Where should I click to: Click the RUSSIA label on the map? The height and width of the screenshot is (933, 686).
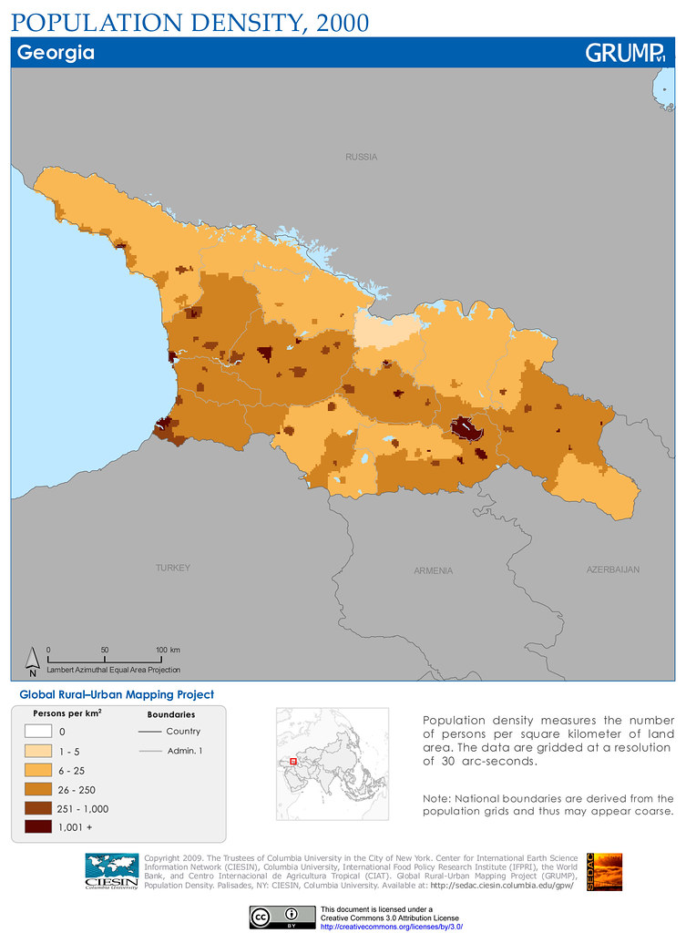pos(361,157)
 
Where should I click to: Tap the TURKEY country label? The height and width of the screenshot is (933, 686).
pos(173,568)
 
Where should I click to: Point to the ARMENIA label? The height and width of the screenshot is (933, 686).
pos(433,571)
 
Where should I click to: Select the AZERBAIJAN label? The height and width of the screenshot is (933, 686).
pos(612,569)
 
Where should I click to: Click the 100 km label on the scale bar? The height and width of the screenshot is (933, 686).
pos(168,650)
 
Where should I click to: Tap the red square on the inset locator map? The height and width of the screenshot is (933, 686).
pos(293,760)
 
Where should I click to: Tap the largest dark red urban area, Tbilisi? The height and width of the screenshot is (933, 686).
pos(466,427)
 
